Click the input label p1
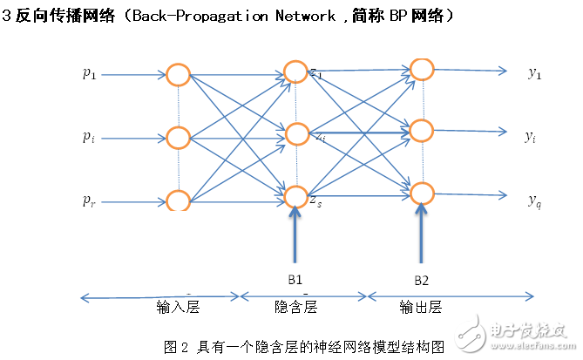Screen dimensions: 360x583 pos(89,74)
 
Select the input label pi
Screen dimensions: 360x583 pos(89,137)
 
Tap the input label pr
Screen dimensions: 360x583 pos(89,200)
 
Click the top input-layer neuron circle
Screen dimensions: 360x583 pos(178,74)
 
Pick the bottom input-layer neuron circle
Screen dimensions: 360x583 pos(178,200)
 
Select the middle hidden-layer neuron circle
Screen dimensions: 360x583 pos(296,134)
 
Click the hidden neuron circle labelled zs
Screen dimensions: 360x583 pos(296,197)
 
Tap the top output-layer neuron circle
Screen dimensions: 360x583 pos(422,69)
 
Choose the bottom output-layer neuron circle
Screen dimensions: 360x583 pos(422,193)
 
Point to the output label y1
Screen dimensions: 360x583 pos(534,73)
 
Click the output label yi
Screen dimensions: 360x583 pos(530,136)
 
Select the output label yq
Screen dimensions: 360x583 pos(534,200)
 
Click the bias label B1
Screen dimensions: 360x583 pos(295,280)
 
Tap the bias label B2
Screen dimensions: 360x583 pos(421,280)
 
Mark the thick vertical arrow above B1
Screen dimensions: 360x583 pos(296,235)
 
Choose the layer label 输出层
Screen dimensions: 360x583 pos(421,309)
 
